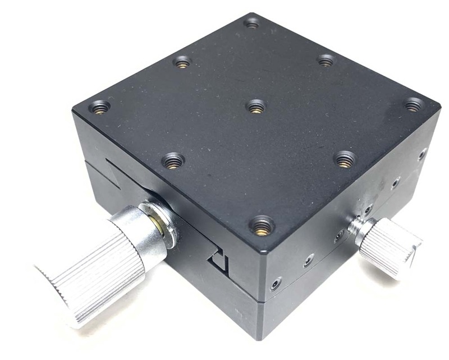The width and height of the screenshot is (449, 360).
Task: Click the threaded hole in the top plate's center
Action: (256, 105)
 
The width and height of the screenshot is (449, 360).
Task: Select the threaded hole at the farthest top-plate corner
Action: (252, 23)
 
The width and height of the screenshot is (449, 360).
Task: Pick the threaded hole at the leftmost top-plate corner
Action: (101, 106)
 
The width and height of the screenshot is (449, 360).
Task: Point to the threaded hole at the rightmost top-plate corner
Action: (414, 104)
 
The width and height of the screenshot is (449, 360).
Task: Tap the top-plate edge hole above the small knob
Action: (346, 159)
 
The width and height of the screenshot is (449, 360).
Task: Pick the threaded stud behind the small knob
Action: (356, 227)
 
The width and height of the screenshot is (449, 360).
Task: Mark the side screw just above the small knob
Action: (368, 210)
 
